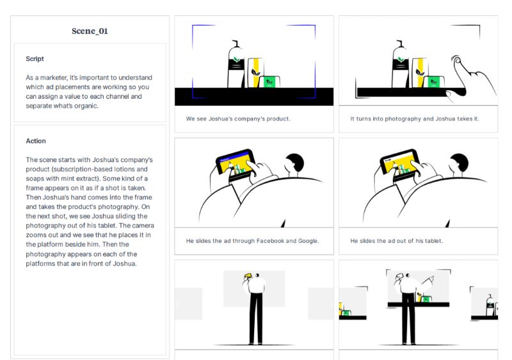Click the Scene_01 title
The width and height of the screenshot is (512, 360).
(90, 31)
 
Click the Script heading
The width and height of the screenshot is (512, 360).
(35, 59)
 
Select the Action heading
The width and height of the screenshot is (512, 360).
(36, 141)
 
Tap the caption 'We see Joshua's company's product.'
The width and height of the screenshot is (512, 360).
(238, 119)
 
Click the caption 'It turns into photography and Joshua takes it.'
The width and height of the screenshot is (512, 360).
(415, 119)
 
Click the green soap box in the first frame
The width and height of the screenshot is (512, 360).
(270, 81)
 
